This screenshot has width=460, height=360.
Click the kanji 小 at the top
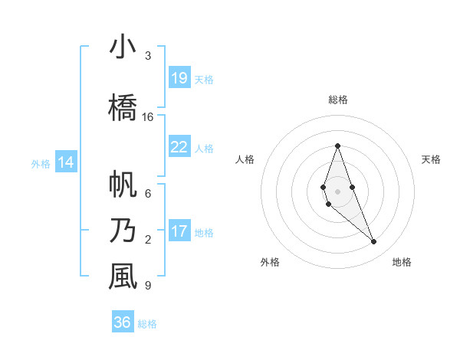pos(123,47)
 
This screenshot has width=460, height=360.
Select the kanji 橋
pos(123,106)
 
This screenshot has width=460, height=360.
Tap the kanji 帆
pos(123,185)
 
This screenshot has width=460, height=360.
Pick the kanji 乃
pos(123,230)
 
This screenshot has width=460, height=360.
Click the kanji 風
pos(123,277)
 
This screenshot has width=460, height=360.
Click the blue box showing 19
pos(179,78)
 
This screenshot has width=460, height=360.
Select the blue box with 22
pos(179,147)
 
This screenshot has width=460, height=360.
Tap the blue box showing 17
pos(179,231)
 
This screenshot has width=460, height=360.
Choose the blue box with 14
pos(66,162)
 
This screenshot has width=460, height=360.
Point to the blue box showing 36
pos(123,322)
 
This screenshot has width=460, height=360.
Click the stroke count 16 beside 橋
pos(148,117)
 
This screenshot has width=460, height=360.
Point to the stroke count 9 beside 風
pos(147,286)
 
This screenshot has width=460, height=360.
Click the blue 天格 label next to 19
pos(204,79)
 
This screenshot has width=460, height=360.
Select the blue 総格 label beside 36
pos(147,323)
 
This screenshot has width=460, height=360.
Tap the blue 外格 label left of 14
pos(41,163)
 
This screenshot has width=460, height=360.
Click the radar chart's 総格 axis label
pos(337,100)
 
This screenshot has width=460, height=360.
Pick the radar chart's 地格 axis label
pos(402,262)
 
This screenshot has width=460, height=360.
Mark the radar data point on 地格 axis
pos(373,242)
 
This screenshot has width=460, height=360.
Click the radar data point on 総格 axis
pos(337,146)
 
